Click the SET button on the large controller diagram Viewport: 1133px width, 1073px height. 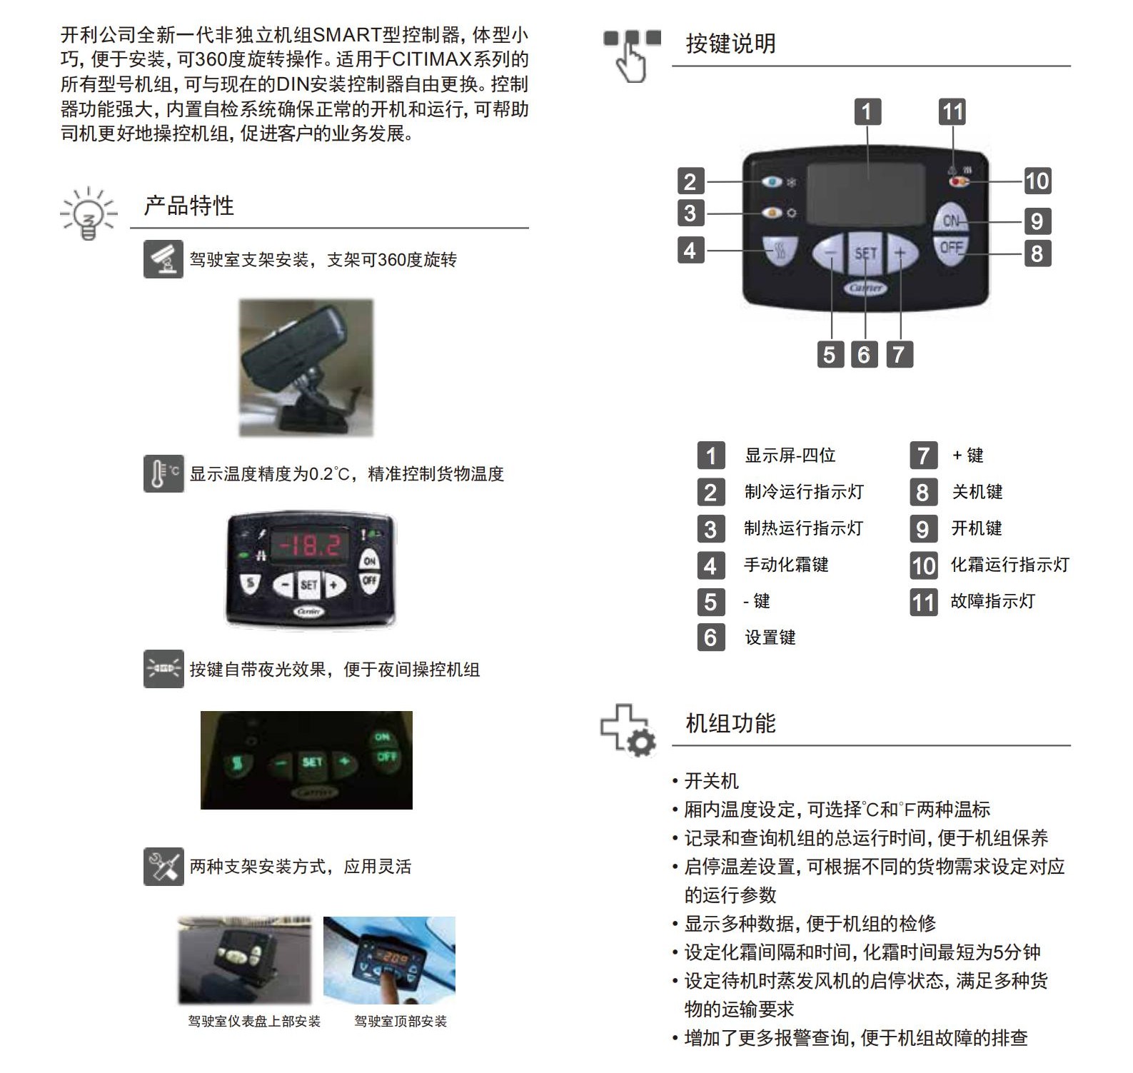pos(865,253)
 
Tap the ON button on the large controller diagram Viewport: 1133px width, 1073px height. pos(951,221)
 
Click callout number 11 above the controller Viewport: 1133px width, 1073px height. pos(952,112)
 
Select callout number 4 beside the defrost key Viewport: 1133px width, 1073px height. pos(690,251)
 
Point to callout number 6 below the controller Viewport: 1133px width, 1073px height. pos(864,354)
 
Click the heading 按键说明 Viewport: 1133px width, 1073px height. pos(730,44)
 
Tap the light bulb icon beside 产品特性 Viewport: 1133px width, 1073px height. pos(88,213)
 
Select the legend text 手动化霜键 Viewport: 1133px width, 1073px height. pos(786,565)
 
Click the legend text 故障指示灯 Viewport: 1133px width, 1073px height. pos(992,601)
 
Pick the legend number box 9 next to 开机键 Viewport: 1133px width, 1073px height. pos(923,529)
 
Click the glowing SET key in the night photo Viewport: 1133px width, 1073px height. pos(312,762)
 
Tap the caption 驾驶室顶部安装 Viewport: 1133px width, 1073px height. pos(401,1022)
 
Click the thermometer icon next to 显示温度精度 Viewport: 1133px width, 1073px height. pos(163,473)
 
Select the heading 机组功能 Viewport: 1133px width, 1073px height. pos(730,723)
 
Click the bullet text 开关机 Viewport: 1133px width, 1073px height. pos(711,781)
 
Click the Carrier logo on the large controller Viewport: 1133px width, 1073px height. pos(866,288)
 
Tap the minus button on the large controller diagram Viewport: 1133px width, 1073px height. pos(830,253)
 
